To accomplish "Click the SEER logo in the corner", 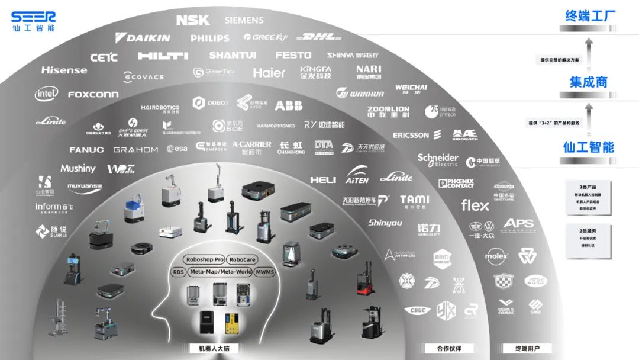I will [33, 20].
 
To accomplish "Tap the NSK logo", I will [193, 20].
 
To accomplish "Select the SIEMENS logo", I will [244, 20].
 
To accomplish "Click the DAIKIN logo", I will [143, 37].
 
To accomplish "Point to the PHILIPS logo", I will [209, 38].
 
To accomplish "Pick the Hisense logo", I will [64, 70].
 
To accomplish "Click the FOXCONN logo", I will [93, 94].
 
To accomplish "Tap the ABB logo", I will [288, 105].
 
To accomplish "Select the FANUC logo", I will [86, 150].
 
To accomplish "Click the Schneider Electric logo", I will [438, 160].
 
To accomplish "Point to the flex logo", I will [475, 205].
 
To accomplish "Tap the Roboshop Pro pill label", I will [204, 259].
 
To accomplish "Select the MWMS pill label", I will [264, 272].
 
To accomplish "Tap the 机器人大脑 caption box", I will [214, 349].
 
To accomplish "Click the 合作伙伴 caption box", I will [448, 348].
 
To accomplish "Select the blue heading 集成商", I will [588, 82].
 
